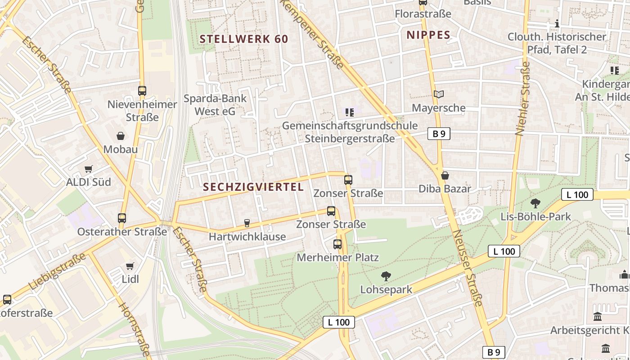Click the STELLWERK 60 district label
243,39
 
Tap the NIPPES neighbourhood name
428,35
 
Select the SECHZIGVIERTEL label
253,187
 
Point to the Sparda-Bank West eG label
215,104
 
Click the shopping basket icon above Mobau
121,136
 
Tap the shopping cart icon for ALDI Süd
89,169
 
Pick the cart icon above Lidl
130,266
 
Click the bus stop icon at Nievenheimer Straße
142,91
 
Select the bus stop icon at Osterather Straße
122,218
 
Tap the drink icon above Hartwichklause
247,223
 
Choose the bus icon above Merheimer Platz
337,244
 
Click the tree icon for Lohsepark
386,276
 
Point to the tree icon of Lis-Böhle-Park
535,203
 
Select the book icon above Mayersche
438,94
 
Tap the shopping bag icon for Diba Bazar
445,175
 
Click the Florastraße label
423,14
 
